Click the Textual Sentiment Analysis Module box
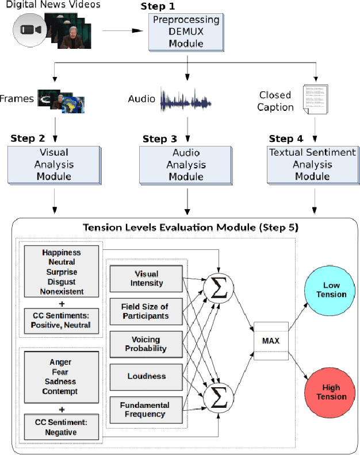coord(312,164)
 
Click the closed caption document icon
coord(315,98)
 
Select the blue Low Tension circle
coord(331,290)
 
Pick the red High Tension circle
coord(331,392)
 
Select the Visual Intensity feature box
coord(146,279)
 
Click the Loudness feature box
coord(146,376)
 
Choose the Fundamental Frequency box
coord(146,410)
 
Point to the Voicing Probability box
coord(146,344)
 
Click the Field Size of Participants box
coord(146,311)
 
